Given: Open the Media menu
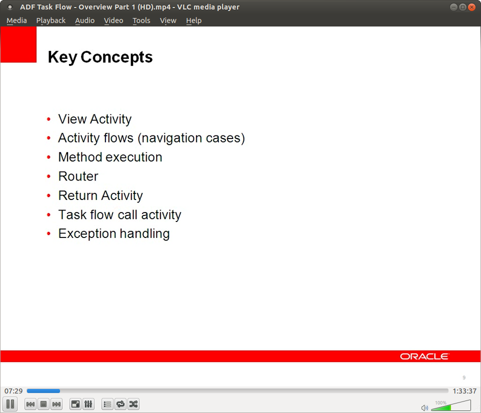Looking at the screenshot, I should pyautogui.click(x=16, y=20).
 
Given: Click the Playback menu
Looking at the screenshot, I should pyautogui.click(x=50, y=20).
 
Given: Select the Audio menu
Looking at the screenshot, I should pyautogui.click(x=84, y=20).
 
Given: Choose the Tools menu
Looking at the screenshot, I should pyautogui.click(x=141, y=20).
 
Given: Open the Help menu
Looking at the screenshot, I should pyautogui.click(x=193, y=20).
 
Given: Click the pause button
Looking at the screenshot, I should pyautogui.click(x=10, y=404).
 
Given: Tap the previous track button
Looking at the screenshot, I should pyautogui.click(x=30, y=404).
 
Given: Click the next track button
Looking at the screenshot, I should pyautogui.click(x=56, y=404).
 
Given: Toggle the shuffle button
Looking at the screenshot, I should pyautogui.click(x=133, y=404).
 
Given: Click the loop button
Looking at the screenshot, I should pyautogui.click(x=120, y=404).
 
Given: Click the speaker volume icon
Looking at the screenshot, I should pyautogui.click(x=424, y=407).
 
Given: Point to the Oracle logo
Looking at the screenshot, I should pyautogui.click(x=424, y=356).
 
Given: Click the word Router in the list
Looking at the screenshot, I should pyautogui.click(x=78, y=176).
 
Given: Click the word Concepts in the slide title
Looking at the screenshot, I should pyautogui.click(x=116, y=57).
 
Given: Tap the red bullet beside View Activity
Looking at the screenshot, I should pyautogui.click(x=48, y=119).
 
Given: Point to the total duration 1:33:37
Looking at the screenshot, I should pyautogui.click(x=464, y=391).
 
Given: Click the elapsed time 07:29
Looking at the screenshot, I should pyautogui.click(x=13, y=391).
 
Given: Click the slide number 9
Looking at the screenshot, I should pyautogui.click(x=464, y=377).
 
